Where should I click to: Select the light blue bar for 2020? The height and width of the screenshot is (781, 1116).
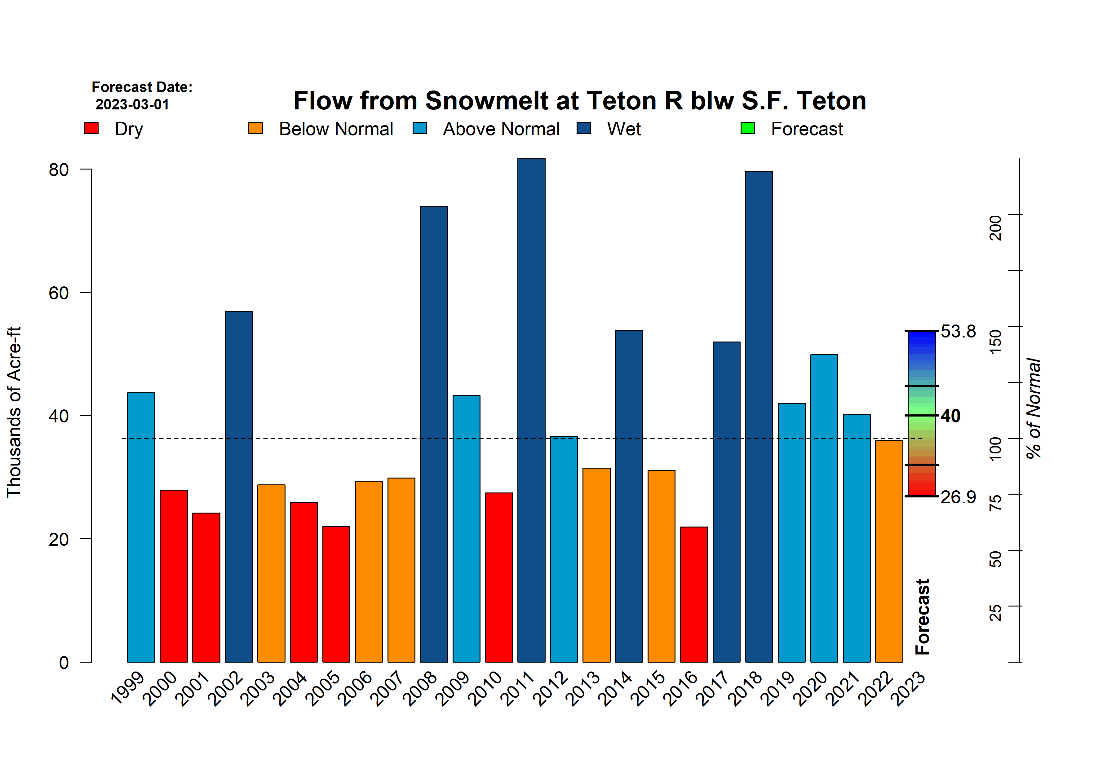pos(824,508)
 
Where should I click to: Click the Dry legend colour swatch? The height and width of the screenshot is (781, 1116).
pos(91,128)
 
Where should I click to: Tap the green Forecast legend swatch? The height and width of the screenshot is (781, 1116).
pos(747,128)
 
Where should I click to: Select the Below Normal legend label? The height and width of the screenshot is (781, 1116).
pos(335,129)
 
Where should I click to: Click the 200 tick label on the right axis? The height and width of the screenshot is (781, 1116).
pos(995,227)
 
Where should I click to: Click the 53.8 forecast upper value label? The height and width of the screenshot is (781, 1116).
pos(958,331)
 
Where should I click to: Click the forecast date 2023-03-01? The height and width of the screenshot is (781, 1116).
pos(132,104)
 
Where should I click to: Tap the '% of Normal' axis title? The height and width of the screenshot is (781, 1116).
pos(1033,408)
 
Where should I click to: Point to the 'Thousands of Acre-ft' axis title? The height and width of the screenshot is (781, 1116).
pos(14,412)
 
